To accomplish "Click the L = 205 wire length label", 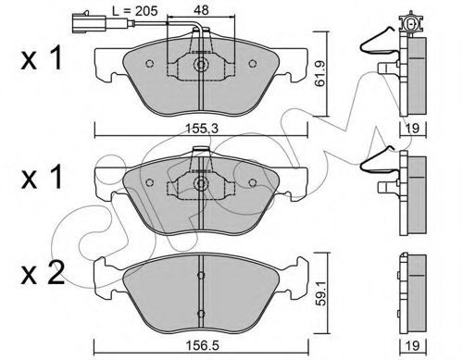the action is click(135, 11).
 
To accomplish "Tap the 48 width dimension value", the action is click(201, 10).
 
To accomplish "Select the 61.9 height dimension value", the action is click(320, 74).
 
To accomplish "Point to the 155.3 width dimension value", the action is click(202, 128).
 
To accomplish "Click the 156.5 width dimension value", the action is click(202, 345).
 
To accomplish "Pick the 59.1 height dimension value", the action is click(321, 292).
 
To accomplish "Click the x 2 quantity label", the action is click(43, 273).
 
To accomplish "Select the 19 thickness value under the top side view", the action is click(412, 129).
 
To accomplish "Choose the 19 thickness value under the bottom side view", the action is click(412, 346).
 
